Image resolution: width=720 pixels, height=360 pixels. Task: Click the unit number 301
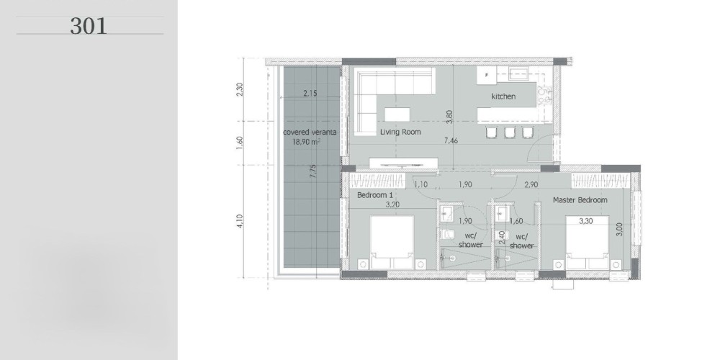(89, 26)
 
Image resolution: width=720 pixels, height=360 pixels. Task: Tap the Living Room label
(400, 132)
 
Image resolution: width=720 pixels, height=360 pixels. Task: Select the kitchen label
(503, 96)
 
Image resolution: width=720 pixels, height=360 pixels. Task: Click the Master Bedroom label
(580, 199)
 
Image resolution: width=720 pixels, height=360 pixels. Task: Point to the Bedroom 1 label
(374, 195)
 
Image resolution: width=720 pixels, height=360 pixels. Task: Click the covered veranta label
(310, 132)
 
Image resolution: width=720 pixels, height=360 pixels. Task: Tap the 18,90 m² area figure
(306, 142)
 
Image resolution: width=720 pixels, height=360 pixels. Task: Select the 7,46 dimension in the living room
(451, 141)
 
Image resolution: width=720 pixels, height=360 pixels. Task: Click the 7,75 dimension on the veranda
(312, 171)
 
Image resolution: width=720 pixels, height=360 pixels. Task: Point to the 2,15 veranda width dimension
(310, 93)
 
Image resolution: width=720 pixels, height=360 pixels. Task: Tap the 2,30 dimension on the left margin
(239, 89)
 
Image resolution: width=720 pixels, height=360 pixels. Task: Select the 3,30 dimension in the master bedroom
(586, 221)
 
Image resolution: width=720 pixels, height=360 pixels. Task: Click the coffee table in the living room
(397, 114)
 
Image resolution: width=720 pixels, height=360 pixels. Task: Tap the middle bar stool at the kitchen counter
(510, 132)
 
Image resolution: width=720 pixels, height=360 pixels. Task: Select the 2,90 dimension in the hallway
(531, 184)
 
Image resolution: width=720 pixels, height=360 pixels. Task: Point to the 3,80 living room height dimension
(449, 117)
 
